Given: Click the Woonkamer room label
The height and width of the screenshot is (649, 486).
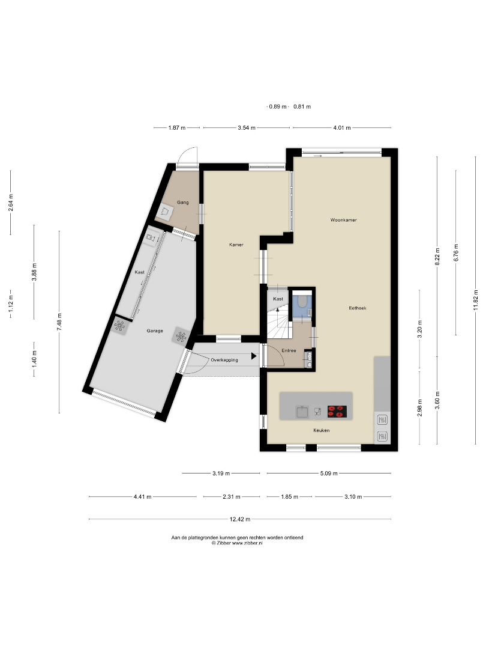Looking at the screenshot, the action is pyautogui.click(x=343, y=220).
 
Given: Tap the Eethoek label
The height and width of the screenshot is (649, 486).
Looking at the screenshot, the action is pyautogui.click(x=358, y=308).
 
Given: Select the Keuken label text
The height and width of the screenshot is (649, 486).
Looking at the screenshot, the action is pyautogui.click(x=321, y=430).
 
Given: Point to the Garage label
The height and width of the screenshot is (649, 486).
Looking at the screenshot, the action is pyautogui.click(x=155, y=331).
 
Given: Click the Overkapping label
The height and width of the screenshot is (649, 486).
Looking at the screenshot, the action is pyautogui.click(x=224, y=360).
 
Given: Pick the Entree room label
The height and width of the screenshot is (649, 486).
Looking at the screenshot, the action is pyautogui.click(x=289, y=350).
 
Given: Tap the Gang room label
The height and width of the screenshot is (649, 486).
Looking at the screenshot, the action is pyautogui.click(x=182, y=203).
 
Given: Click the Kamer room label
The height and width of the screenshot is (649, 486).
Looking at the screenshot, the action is pyautogui.click(x=236, y=245).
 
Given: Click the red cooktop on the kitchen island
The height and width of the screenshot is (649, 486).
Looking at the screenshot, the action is pyautogui.click(x=337, y=412).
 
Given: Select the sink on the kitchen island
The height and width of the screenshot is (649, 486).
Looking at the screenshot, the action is pyautogui.click(x=302, y=412).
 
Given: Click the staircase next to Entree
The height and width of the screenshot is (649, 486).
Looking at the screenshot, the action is pyautogui.click(x=280, y=321).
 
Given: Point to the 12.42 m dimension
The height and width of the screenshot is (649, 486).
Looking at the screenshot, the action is pyautogui.click(x=240, y=519).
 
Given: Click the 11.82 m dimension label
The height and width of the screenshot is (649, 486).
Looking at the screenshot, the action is pyautogui.click(x=476, y=300).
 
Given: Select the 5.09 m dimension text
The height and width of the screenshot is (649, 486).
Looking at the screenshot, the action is pyautogui.click(x=329, y=473).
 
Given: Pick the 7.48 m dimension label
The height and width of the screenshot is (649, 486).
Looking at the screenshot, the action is pyautogui.click(x=59, y=321).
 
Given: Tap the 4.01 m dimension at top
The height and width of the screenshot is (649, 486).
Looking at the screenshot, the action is pyautogui.click(x=342, y=128).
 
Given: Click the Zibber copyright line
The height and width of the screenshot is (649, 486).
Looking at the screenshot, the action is pyautogui.click(x=237, y=543).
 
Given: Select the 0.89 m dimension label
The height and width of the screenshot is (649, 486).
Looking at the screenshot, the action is pyautogui.click(x=278, y=107).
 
